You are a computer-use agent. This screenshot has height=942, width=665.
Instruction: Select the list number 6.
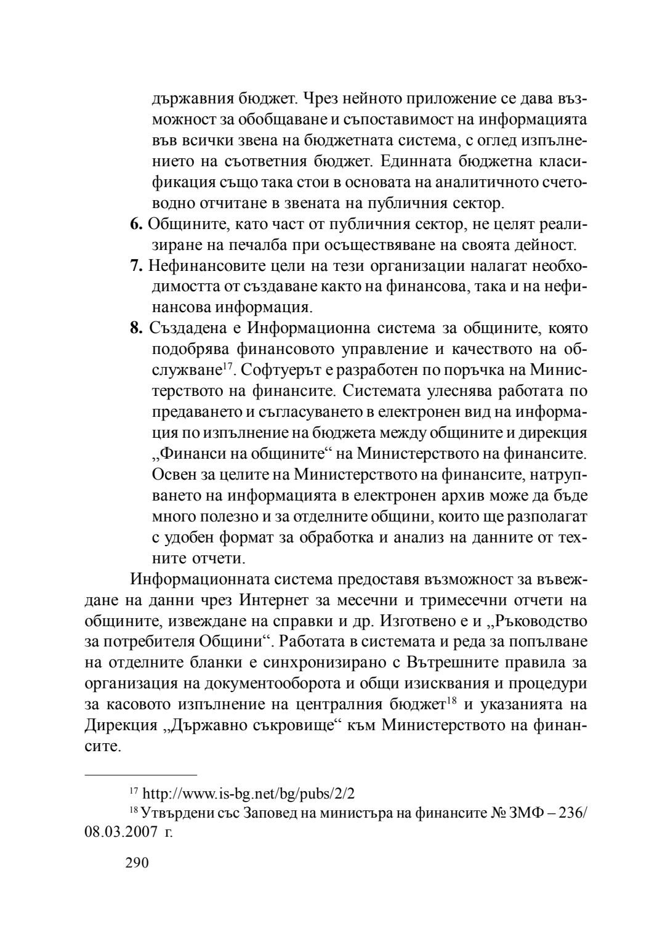point(136,225)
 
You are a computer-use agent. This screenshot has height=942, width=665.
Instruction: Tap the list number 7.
point(136,267)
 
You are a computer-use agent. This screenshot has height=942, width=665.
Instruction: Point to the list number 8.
point(136,328)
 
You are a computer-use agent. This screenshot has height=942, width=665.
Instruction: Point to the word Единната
point(408,161)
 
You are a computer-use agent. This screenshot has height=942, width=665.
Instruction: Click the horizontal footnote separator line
point(140,772)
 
